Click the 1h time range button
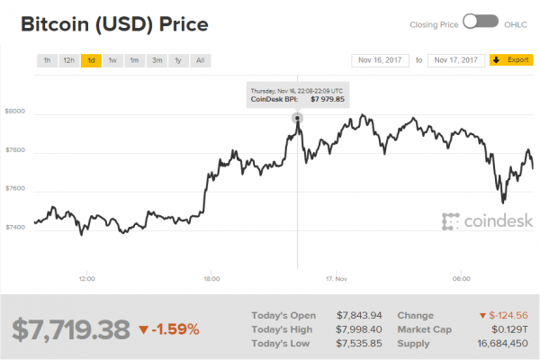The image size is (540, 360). tap(47, 61)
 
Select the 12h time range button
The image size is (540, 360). tap(68, 61)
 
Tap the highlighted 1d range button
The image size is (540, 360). tap(91, 61)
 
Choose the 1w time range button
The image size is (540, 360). tap(112, 61)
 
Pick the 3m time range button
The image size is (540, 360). tap(157, 61)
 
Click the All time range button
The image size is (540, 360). tap(200, 61)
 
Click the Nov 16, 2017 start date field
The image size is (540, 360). tap(380, 61)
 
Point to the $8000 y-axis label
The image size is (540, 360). tap(15, 112)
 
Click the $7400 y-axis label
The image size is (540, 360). tap(15, 228)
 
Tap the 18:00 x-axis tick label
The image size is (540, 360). tap(213, 278)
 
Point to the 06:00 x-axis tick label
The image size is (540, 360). tap(462, 278)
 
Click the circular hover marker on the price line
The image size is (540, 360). tap(297, 118)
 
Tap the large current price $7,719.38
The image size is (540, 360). tap(71, 330)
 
